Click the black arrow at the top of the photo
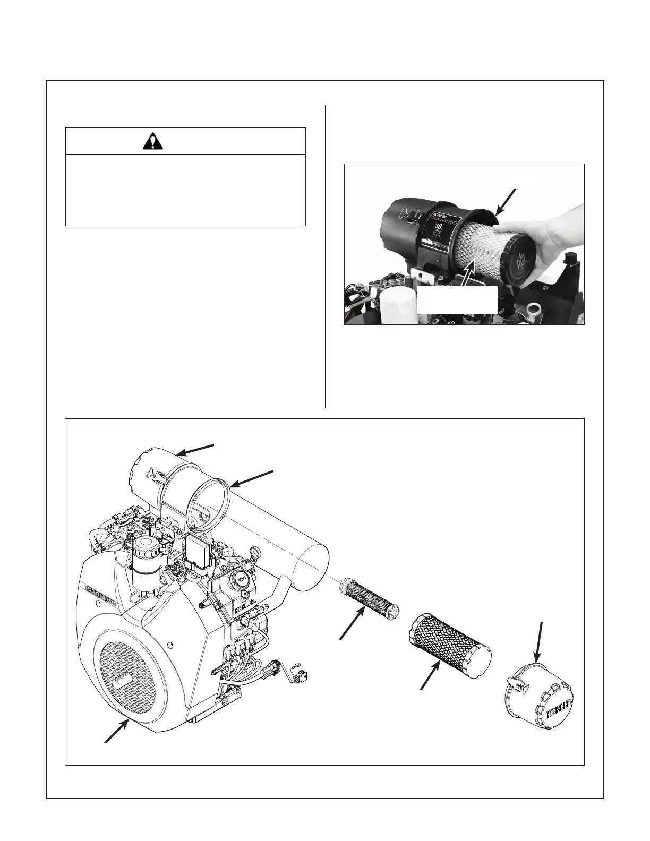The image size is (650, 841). tap(507, 202)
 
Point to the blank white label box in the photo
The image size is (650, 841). tap(457, 301)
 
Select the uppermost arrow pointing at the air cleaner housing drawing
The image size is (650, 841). tap(195, 449)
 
